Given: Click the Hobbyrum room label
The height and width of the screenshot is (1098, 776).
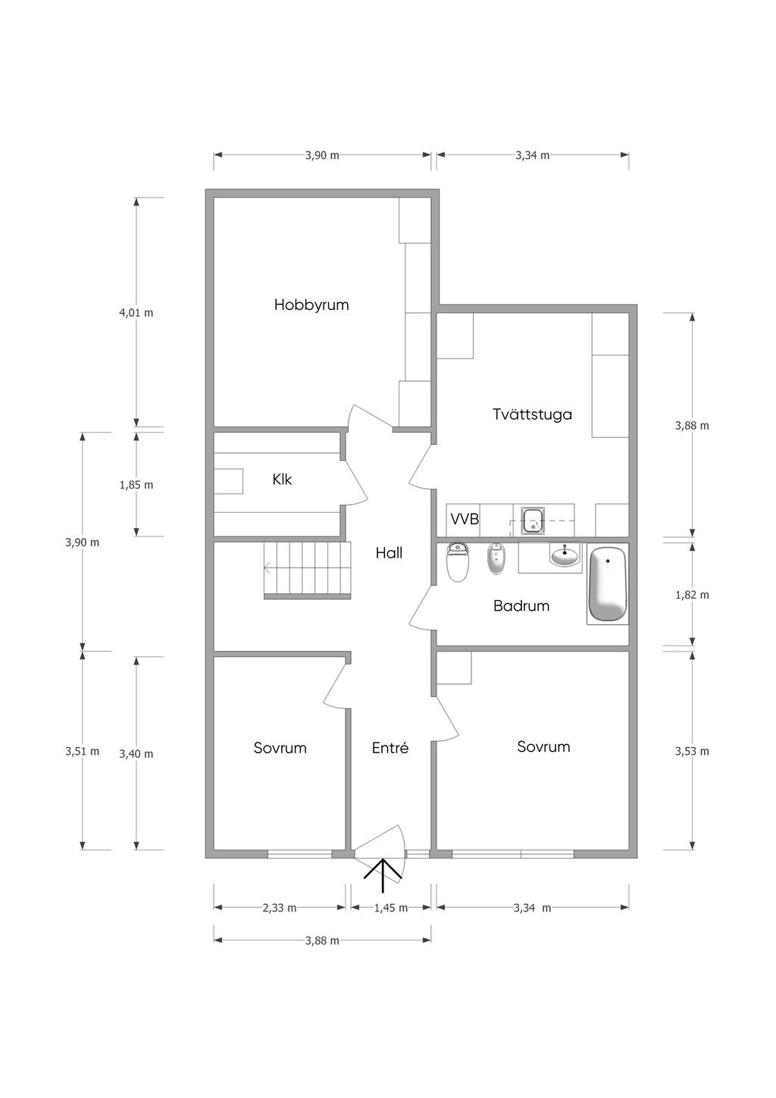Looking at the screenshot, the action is (x=311, y=305).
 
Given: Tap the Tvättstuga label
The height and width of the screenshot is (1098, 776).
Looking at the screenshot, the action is (x=532, y=414).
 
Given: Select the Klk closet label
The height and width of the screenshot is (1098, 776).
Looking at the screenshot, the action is (x=282, y=480).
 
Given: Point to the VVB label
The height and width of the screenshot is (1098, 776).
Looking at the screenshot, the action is (x=465, y=519).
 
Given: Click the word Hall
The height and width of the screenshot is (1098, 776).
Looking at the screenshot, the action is (x=389, y=553).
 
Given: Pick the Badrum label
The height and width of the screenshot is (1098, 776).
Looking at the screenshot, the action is (x=521, y=606).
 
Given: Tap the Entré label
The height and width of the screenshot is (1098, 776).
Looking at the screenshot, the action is (x=390, y=748).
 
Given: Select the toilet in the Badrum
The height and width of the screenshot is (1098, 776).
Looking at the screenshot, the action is (x=458, y=562).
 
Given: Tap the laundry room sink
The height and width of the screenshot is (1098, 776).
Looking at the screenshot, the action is (x=533, y=521).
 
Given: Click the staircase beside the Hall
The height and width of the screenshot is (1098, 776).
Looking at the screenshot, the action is (x=308, y=570).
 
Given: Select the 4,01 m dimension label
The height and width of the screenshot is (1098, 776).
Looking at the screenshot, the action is (x=136, y=313).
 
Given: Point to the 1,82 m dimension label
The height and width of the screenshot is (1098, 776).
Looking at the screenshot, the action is (x=692, y=595).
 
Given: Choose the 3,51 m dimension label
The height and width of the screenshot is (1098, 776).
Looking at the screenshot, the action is (x=83, y=751).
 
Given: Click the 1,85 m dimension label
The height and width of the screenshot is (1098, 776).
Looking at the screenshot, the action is (x=136, y=485).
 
